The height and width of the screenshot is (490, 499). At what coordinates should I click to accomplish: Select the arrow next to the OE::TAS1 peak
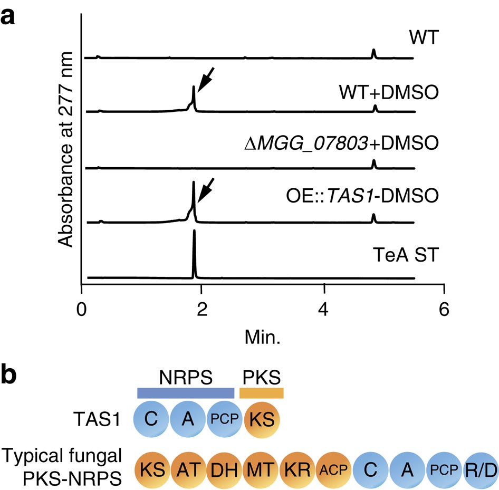coord(206,189)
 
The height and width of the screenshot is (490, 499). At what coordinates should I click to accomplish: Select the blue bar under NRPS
coord(185,393)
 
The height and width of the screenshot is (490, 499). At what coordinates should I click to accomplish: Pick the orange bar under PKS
coord(262,393)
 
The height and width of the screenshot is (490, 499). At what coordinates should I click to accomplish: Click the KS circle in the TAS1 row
coord(262,421)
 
